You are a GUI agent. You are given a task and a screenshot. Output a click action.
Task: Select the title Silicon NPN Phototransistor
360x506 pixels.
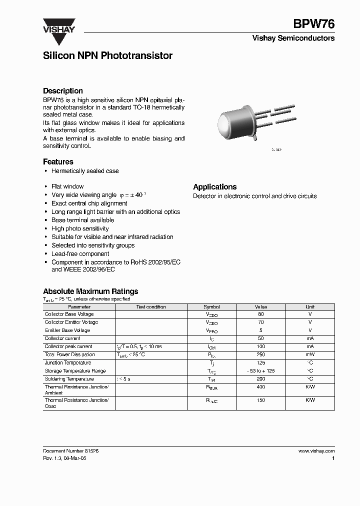[x=107, y=56]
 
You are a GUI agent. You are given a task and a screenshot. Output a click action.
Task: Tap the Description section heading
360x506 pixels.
[x=62, y=91]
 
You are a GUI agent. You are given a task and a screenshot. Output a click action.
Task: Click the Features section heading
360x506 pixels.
[x=58, y=161]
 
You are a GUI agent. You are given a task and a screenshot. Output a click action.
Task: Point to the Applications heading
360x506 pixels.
[x=214, y=186]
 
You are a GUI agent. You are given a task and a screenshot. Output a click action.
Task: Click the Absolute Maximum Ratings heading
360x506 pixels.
[x=90, y=291]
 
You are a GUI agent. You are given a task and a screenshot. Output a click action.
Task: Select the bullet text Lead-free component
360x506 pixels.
[x=80, y=253]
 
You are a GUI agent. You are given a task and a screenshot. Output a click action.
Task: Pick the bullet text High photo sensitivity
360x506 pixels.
[x=80, y=228]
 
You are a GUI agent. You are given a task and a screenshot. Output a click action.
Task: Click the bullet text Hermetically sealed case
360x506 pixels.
[x=85, y=171]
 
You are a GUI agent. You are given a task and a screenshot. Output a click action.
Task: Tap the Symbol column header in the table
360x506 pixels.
[x=211, y=307]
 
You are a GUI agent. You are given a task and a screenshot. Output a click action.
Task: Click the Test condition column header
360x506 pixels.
[x=151, y=307]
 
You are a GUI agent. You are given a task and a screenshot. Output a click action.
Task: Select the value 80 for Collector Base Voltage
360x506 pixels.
[x=261, y=314]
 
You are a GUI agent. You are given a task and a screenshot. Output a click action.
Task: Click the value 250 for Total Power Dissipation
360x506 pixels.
[x=261, y=354]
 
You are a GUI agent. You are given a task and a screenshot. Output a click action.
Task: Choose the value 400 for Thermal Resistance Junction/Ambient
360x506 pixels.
[x=261, y=387]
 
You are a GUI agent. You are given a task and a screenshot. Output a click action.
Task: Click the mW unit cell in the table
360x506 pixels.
[x=310, y=354]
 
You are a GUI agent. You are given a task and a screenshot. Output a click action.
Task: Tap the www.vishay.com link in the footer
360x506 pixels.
[x=316, y=450]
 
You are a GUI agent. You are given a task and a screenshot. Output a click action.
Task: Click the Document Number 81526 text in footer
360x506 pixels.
[x=70, y=450]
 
